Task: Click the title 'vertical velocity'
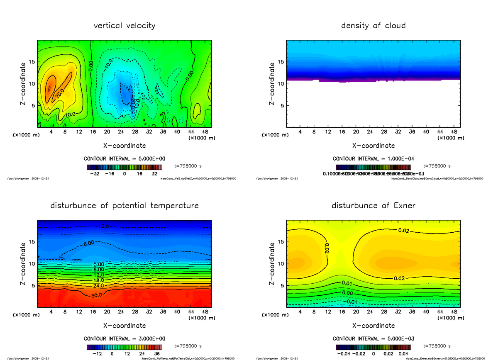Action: point(124,26)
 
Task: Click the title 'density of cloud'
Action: point(373,26)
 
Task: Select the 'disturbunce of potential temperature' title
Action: point(124,206)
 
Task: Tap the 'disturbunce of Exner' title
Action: point(373,206)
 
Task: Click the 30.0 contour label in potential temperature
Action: point(96,294)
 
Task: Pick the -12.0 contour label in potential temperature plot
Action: point(103,226)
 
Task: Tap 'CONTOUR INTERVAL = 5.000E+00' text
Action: point(124,159)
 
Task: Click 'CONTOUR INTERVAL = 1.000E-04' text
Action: point(373,159)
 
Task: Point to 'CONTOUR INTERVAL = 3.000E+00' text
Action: point(124,339)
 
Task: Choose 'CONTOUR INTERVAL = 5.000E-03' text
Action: point(373,339)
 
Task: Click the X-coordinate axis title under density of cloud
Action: point(373,146)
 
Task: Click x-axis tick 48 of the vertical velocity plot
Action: point(205,132)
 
